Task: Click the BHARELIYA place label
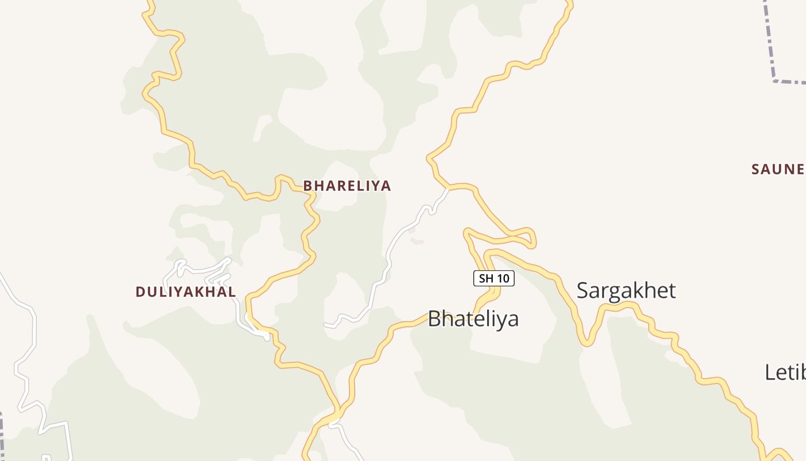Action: [347, 186]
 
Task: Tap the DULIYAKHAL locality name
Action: [185, 292]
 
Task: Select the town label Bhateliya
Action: [473, 319]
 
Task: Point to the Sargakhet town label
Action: [626, 290]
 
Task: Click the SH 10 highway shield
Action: [493, 278]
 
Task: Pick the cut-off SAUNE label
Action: [777, 169]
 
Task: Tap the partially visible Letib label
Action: [785, 372]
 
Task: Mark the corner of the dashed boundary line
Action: [775, 81]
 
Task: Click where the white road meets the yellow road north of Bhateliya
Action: [448, 188]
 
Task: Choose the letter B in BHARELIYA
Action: [307, 186]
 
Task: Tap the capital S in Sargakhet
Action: [583, 290]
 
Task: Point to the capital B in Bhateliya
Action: [435, 319]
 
